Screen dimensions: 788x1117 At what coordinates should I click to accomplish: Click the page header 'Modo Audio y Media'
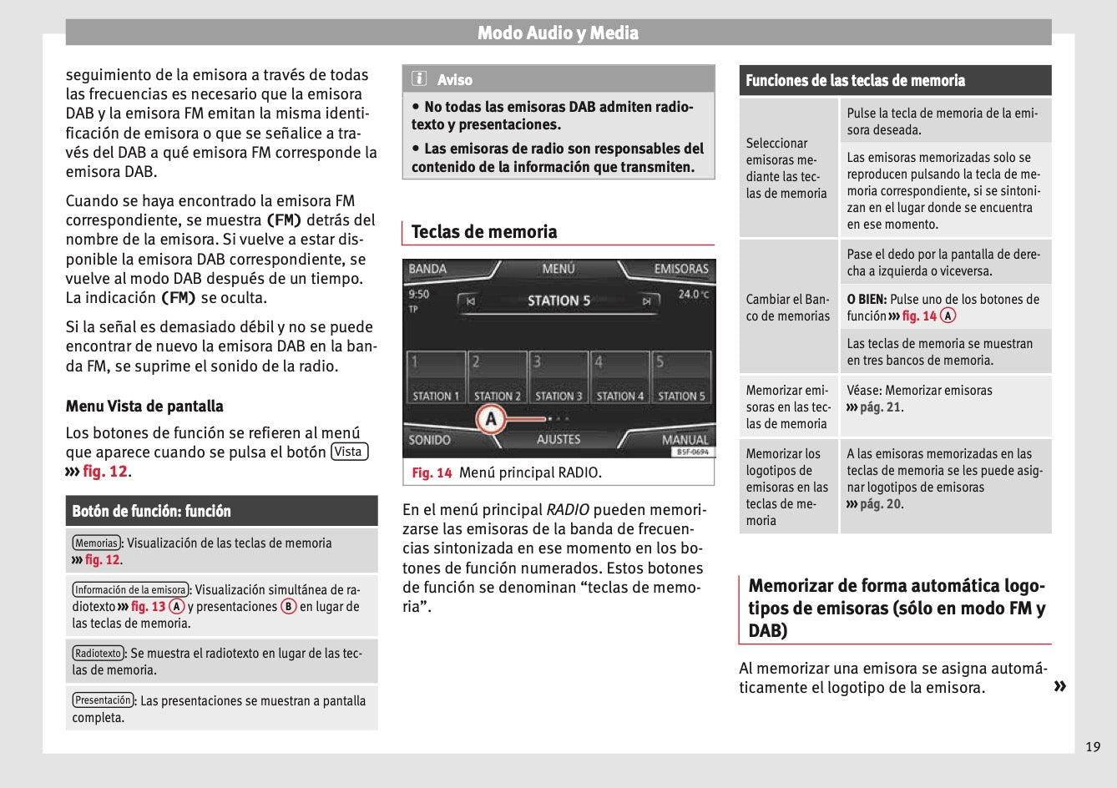tap(558, 33)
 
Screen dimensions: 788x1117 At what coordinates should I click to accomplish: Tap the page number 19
tap(1093, 746)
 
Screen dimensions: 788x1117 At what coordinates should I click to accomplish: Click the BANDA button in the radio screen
tap(428, 269)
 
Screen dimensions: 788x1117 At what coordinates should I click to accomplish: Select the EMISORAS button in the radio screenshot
tap(680, 269)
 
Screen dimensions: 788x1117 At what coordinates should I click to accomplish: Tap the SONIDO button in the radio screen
tap(430, 439)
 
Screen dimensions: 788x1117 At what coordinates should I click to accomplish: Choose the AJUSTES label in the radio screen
tap(558, 439)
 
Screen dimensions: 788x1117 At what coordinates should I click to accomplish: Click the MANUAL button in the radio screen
tap(685, 439)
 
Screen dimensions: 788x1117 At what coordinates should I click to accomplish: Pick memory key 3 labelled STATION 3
tap(558, 378)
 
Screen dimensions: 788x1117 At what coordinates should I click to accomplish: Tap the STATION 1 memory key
tap(436, 378)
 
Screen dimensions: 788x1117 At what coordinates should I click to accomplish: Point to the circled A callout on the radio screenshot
tap(491, 419)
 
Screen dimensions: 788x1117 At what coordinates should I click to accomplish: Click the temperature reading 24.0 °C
tap(693, 294)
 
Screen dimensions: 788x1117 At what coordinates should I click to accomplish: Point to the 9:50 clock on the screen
tap(419, 294)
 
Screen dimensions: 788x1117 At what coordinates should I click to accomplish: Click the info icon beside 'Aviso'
tap(420, 79)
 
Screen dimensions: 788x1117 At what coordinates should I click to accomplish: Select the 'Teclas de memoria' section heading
tap(484, 232)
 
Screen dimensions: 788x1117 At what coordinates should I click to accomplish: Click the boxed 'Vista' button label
tap(349, 452)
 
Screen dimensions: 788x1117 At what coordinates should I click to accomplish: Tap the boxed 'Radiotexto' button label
tap(98, 653)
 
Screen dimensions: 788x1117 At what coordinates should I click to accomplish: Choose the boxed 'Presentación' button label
tap(103, 700)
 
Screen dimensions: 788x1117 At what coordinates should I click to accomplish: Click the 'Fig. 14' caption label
tap(432, 472)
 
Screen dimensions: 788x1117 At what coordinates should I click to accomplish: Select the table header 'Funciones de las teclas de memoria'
tap(855, 81)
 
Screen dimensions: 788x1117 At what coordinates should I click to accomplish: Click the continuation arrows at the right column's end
tap(1059, 686)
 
